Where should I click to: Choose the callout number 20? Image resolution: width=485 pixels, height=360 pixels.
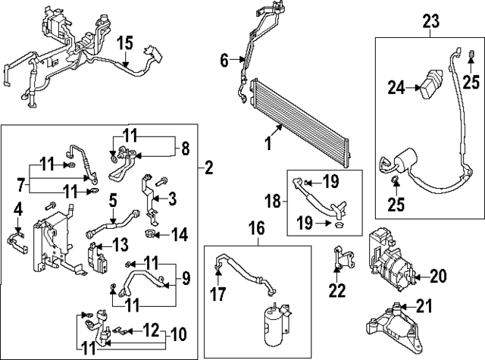pyautogui.click(x=439, y=275)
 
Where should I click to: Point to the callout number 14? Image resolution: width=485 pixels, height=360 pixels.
pyautogui.click(x=179, y=235)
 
